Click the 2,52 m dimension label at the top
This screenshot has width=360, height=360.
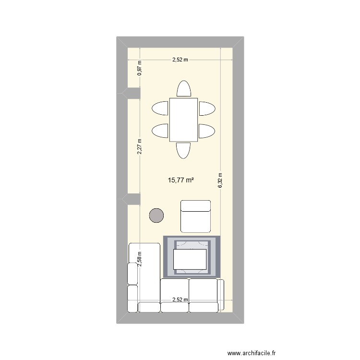pos(180,60)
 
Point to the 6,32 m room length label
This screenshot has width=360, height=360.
pos(220,181)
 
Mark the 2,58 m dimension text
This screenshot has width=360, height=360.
pos(140,260)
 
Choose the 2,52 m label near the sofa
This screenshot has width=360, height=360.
pos(180,300)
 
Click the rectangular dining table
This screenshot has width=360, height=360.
pos(183,120)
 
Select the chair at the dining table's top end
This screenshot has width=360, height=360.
pos(183,89)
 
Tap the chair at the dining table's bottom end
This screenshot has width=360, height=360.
pos(183,150)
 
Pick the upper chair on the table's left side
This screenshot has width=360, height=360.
pos(160,108)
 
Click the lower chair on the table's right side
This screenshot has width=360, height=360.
pos(207,131)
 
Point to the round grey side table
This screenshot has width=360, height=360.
pos(156,216)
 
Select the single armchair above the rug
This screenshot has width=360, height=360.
pos(195,216)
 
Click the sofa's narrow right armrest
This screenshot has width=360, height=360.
pos(221,295)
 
